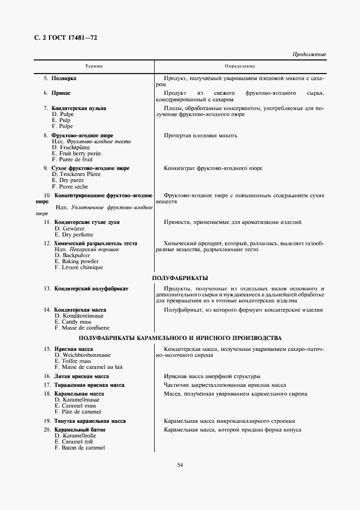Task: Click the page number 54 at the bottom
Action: tap(180, 465)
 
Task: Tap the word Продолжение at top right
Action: tap(309, 54)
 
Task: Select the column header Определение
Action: tap(240, 66)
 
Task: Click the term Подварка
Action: tap(64, 78)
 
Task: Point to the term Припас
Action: tap(61, 94)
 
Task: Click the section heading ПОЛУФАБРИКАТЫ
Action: tap(180, 278)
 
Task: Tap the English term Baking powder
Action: tap(77, 262)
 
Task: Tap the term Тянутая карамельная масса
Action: tap(90, 421)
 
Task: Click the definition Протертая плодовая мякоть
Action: tap(200, 135)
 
